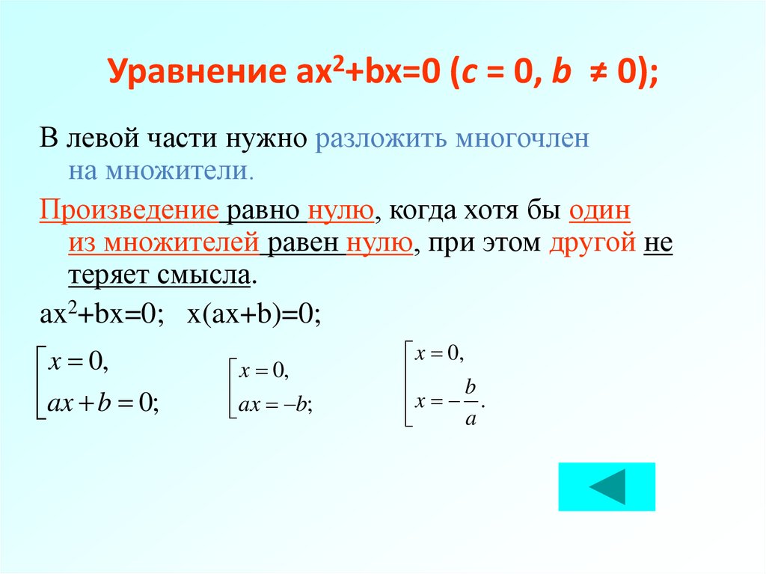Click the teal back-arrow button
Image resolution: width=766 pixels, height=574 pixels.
pos(607,487)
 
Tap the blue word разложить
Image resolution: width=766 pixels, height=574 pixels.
pos(379,139)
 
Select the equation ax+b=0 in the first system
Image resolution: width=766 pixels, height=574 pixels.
pos(102,404)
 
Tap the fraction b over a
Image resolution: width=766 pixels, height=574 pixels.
pos(471,402)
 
